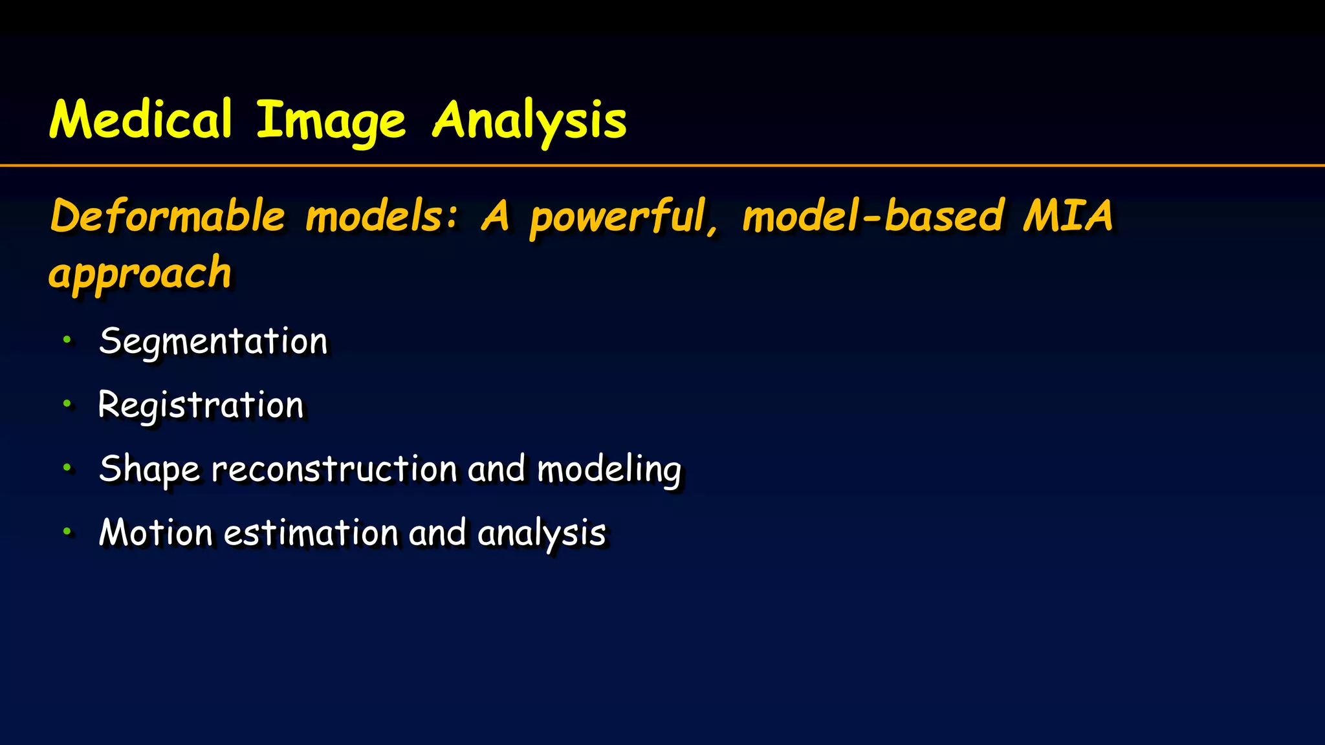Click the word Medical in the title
pos(140,120)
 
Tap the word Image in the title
pos(331,121)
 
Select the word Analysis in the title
pos(529,121)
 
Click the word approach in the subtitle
pos(140,273)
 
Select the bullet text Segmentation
pos(214,341)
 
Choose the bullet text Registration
pos(201,405)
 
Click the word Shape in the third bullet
pos(149,469)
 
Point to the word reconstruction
pos(334,469)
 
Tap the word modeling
pos(609,469)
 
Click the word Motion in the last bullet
pos(156,532)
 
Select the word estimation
pos(311,532)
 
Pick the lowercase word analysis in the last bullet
pos(542,534)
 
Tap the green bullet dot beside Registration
pos(67,404)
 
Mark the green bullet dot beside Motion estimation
pos(67,531)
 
